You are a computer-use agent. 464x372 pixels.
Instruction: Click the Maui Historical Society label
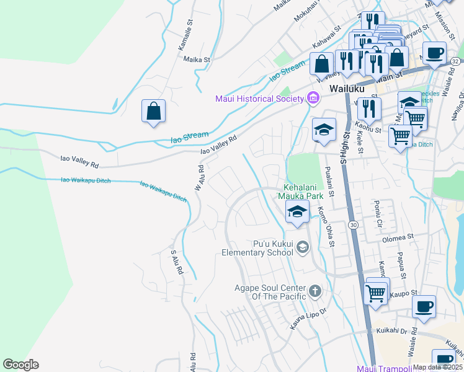(x=259, y=99)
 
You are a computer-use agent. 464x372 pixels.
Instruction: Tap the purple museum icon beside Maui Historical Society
(x=313, y=98)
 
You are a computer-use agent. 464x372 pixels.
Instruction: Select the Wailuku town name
(x=346, y=89)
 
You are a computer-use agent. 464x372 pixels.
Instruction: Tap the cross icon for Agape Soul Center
(x=315, y=290)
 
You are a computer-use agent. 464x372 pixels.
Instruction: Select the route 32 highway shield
(x=455, y=61)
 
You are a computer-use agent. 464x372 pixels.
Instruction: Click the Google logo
(x=20, y=364)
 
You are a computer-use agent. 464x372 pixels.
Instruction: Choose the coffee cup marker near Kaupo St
(x=424, y=307)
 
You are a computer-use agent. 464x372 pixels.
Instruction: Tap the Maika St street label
(x=198, y=60)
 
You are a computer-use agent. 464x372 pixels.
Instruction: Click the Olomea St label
(x=398, y=237)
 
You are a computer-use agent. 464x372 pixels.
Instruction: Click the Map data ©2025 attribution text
(x=438, y=367)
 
